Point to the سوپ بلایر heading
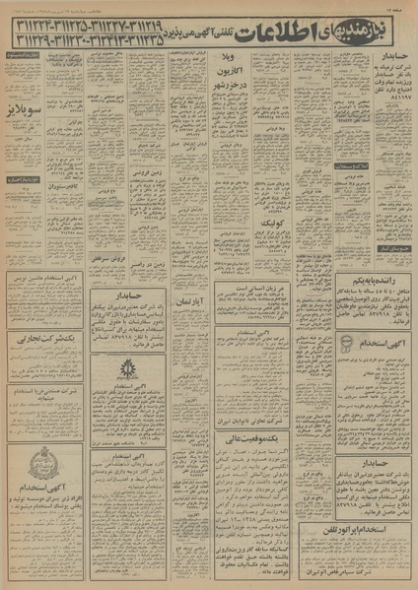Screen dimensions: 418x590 click(x=24, y=110)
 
